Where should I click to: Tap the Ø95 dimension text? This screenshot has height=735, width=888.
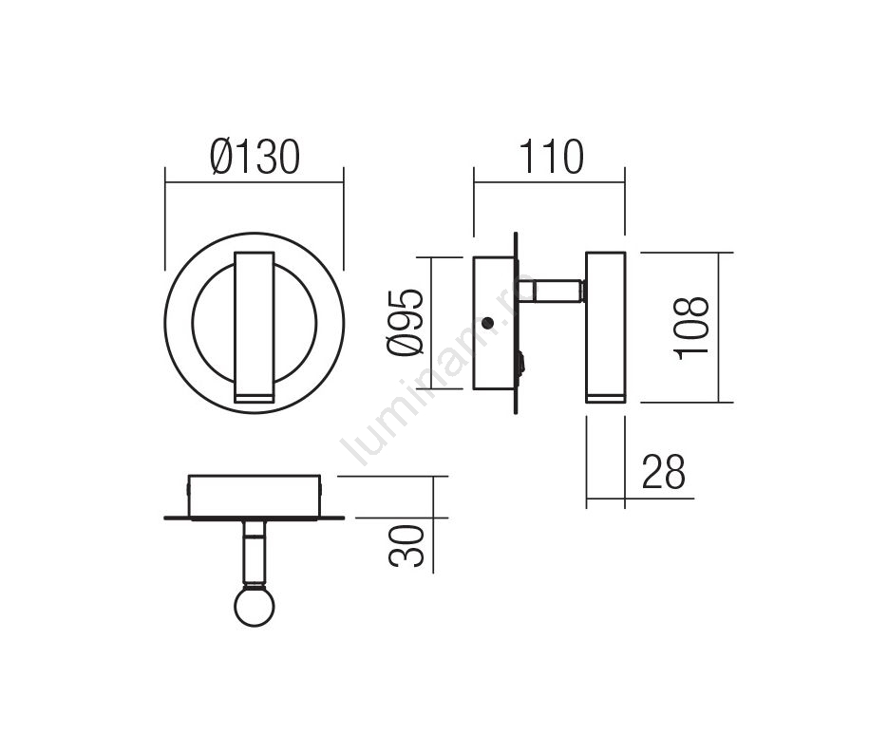pos(406,323)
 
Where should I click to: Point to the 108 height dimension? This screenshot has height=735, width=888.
pos(691,328)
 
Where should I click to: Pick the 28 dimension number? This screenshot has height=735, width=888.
pos(663,472)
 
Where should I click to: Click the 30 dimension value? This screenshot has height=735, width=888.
pos(406,546)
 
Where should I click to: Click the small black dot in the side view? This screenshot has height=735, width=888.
pos(487,323)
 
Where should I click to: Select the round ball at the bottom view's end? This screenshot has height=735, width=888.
pos(255,606)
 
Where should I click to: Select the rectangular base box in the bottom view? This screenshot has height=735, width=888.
pos(255,496)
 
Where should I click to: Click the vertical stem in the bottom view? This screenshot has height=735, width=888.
pos(255,553)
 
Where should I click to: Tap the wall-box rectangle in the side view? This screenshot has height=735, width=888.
pos(495,323)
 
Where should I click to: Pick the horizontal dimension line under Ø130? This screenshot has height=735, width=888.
pos(255,182)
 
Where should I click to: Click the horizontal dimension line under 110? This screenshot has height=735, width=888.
pos(549,182)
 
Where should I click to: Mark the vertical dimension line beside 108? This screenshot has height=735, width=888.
pos(719,328)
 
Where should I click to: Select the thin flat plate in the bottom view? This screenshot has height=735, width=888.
pos(255,518)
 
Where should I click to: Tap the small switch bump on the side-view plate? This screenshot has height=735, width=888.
pos(521,363)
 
